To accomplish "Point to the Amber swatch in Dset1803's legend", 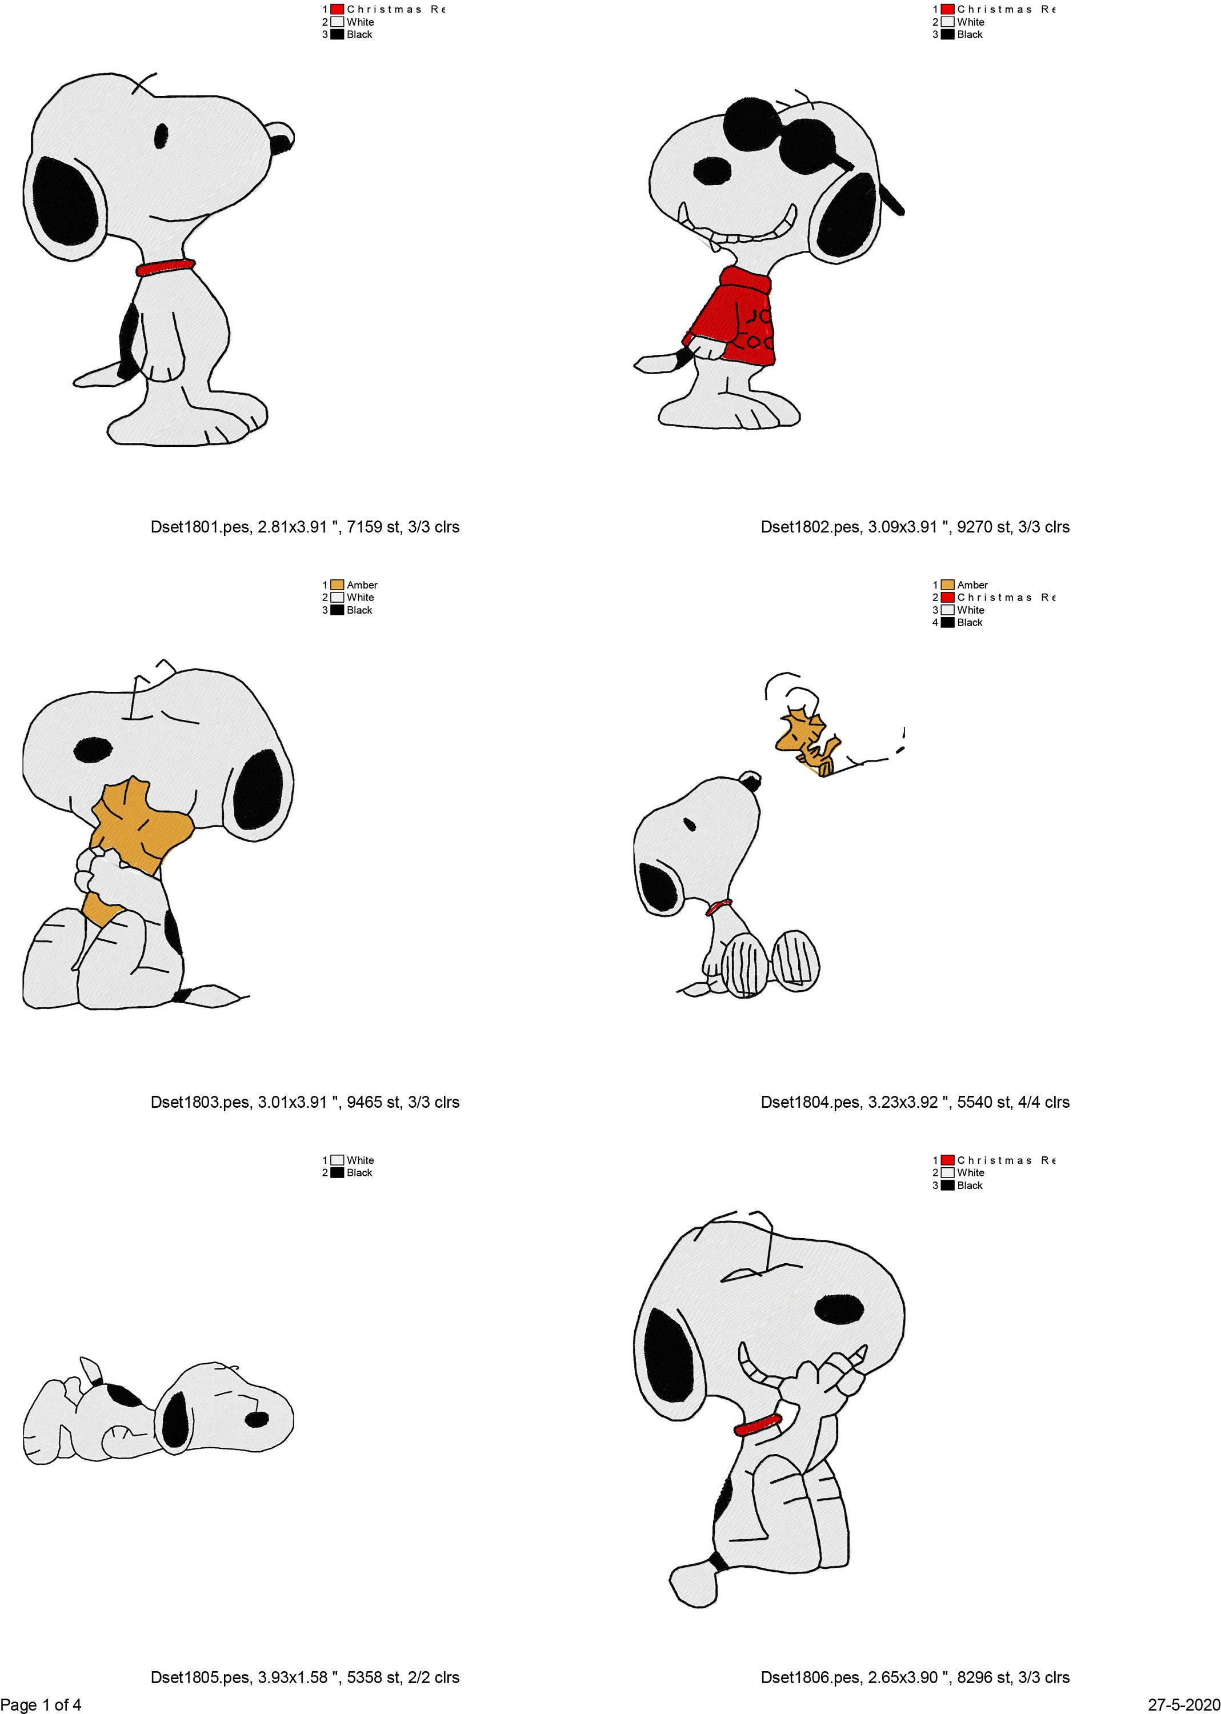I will pyautogui.click(x=337, y=585).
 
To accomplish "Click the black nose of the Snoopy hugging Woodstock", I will pyautogui.click(x=93, y=750).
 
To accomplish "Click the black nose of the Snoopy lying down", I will pyautogui.click(x=257, y=1419).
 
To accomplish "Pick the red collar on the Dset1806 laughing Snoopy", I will pyautogui.click(x=758, y=1424).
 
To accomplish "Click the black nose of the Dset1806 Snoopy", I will pyautogui.click(x=839, y=1309).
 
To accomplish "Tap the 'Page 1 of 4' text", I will pyautogui.click(x=41, y=1704).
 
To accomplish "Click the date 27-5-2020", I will pyautogui.click(x=1183, y=1704).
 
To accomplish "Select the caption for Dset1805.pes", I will pyautogui.click(x=305, y=1677).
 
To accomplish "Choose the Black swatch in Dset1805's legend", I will pyautogui.click(x=337, y=1173).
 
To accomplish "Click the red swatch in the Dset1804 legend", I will pyautogui.click(x=947, y=598).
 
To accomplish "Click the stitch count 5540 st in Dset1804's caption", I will pyautogui.click(x=986, y=1102).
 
